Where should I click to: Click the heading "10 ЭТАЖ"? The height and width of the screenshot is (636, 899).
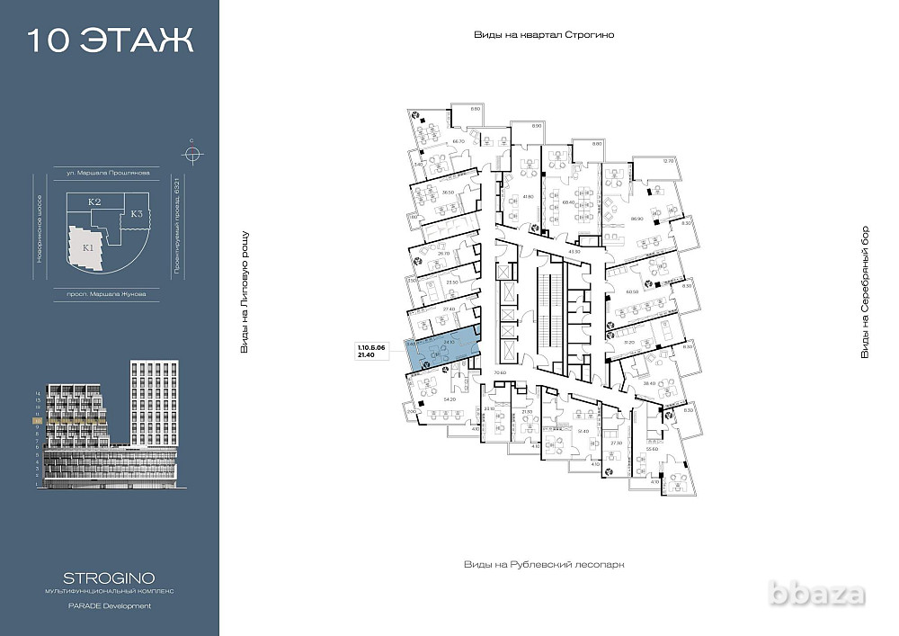[x=110, y=40]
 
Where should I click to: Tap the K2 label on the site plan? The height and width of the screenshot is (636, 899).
[x=93, y=202]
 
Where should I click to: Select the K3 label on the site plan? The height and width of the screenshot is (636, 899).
[x=136, y=214]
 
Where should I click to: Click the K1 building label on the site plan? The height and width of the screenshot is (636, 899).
[x=88, y=246]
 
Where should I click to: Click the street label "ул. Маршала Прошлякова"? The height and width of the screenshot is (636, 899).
[x=108, y=171]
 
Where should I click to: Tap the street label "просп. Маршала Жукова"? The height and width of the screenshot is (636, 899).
[x=108, y=293]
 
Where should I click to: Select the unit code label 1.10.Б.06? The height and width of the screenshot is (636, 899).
[x=372, y=346]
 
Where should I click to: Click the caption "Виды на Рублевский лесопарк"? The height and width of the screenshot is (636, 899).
[x=543, y=564]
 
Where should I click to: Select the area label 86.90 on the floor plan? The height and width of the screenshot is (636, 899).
[x=637, y=219]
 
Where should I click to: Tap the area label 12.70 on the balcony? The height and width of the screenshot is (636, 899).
[x=667, y=161]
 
